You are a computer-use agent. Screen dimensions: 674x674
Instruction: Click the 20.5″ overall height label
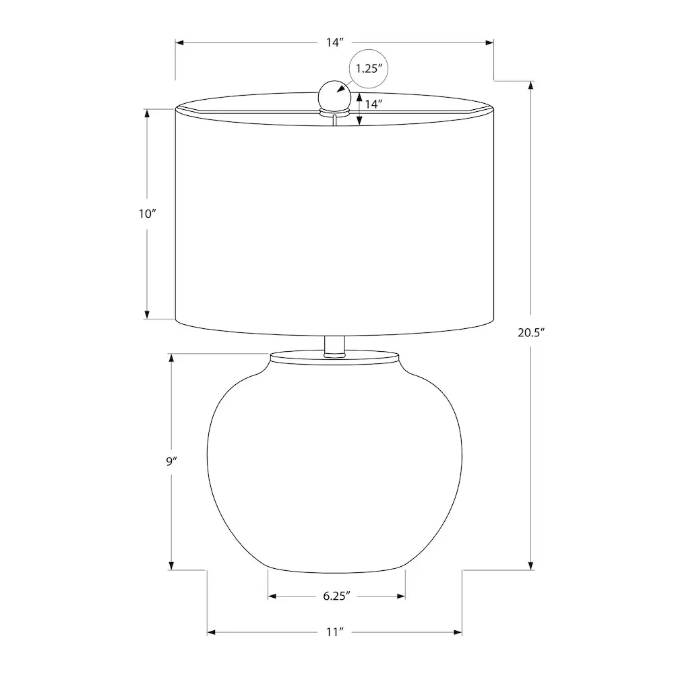[531, 333]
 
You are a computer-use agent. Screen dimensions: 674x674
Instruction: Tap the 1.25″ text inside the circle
[369, 69]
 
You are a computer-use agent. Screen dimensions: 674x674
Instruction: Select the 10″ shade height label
[147, 214]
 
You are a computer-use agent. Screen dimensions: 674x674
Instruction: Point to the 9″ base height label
[171, 462]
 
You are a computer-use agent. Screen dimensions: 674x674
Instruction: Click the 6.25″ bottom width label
[336, 596]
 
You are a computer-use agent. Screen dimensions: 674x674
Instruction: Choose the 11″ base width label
[335, 632]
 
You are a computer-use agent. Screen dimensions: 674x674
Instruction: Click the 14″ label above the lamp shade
[335, 42]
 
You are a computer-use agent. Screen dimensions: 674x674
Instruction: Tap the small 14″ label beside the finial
[373, 104]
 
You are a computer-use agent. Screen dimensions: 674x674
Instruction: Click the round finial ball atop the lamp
[334, 96]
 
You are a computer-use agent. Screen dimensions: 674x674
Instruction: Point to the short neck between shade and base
[334, 346]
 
